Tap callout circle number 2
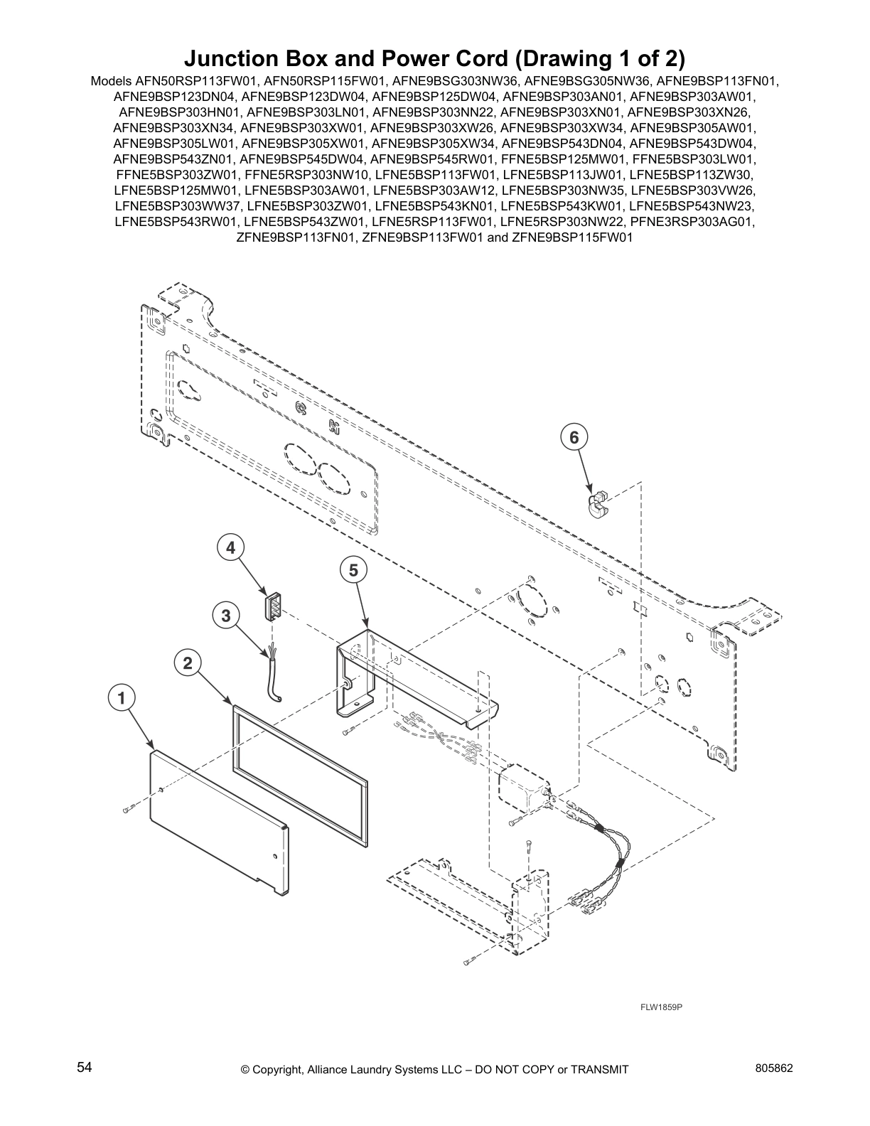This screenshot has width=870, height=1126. click(188, 663)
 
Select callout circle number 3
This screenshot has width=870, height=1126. click(226, 616)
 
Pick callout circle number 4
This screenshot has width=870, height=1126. click(230, 548)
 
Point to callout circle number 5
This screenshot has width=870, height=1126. click(353, 569)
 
